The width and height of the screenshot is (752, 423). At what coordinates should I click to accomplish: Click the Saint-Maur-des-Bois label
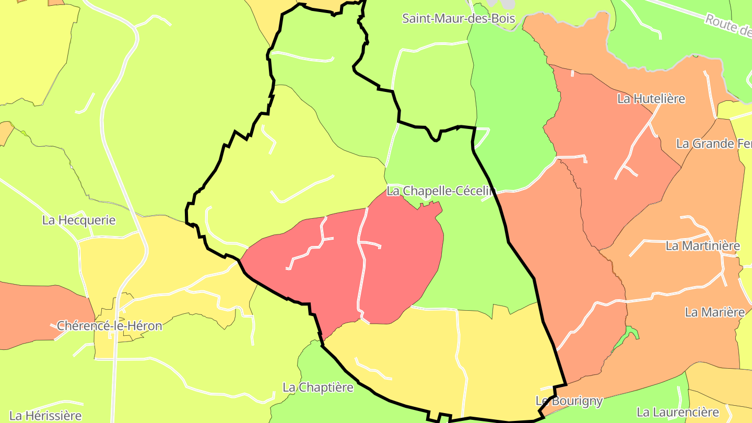coord(459,19)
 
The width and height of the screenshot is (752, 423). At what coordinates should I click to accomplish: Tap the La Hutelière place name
coord(651,99)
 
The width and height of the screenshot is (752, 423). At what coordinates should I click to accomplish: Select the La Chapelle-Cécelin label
coord(440,191)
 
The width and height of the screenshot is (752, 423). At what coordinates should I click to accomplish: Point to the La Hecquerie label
coord(79,220)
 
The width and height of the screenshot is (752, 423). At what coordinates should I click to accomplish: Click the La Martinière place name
coord(703,245)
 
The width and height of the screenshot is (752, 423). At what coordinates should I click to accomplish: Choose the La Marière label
coord(714,312)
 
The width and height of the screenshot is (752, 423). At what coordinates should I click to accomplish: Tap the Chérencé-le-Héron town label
coord(110,326)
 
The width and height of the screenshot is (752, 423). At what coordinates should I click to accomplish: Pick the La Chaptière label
coord(318,387)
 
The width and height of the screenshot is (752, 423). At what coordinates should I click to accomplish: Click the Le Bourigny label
coord(569,401)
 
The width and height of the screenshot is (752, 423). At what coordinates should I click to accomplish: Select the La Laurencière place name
coord(678,413)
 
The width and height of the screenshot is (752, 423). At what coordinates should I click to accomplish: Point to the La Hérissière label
coord(46,416)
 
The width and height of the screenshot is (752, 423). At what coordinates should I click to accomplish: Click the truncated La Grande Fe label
coord(713,144)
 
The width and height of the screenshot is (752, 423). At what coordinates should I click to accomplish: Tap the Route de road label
coord(728,25)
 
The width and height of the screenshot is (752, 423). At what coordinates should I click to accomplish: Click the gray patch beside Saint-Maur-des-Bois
coord(501,4)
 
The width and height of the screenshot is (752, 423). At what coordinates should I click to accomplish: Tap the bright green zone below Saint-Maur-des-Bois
coord(512,104)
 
